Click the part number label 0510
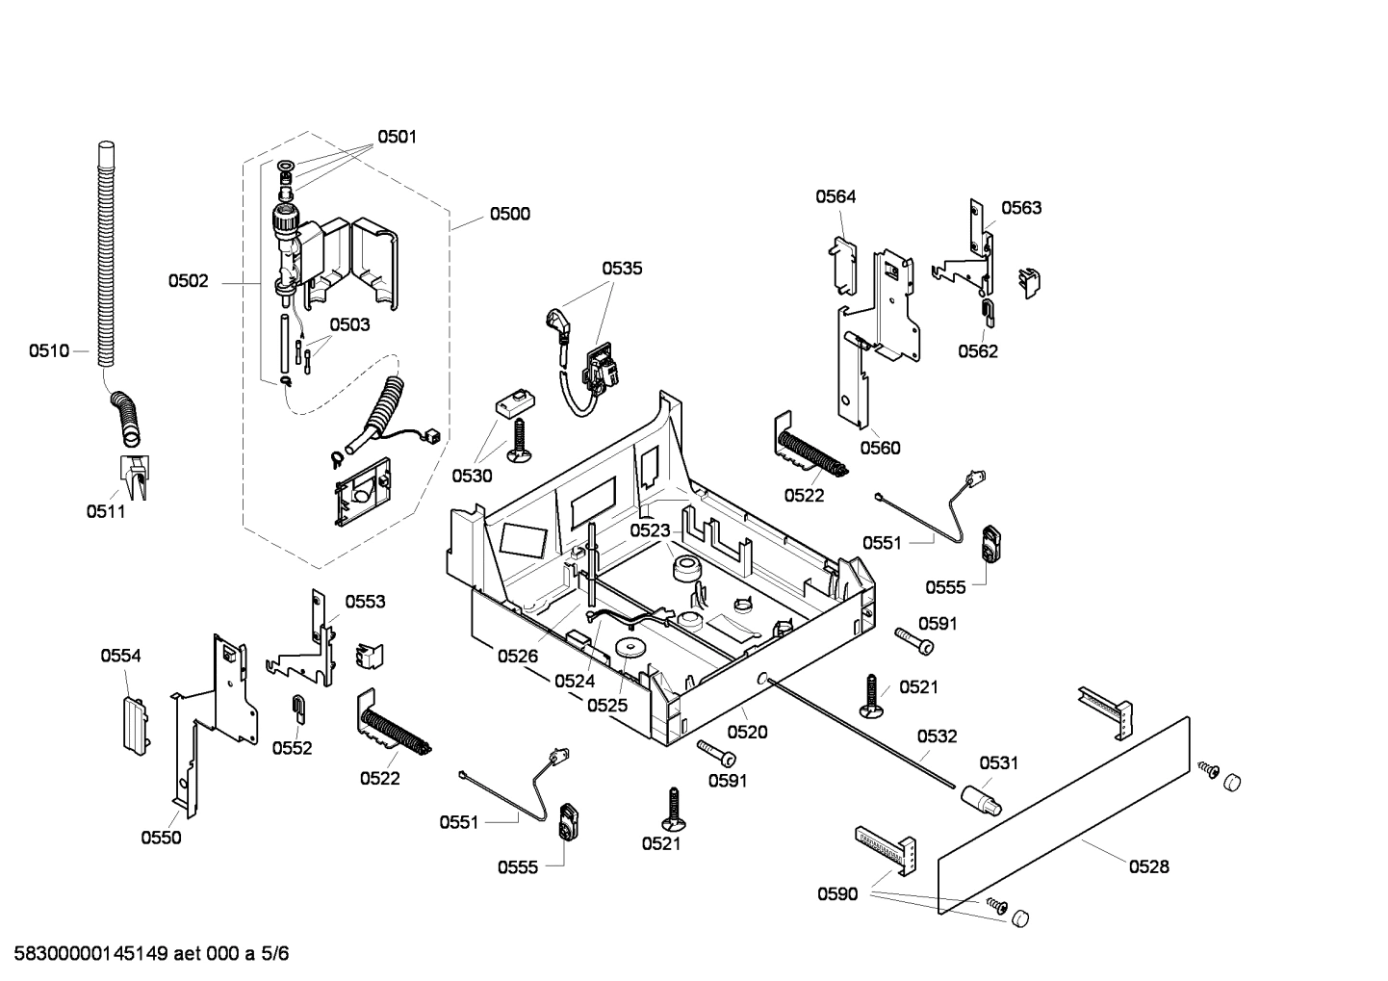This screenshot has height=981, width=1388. pyautogui.click(x=48, y=350)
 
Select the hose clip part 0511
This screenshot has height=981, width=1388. pyautogui.click(x=133, y=477)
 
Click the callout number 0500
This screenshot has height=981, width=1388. pyautogui.click(x=509, y=214)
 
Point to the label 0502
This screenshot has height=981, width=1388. pyautogui.click(x=188, y=281)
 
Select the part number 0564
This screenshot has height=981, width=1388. pyautogui.click(x=835, y=196)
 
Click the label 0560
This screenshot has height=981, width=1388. pyautogui.click(x=880, y=448)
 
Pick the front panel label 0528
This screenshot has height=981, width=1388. pyautogui.click(x=1148, y=866)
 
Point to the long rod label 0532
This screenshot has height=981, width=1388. pyautogui.click(x=937, y=736)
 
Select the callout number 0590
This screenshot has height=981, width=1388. pyautogui.click(x=836, y=894)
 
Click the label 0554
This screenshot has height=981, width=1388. pyautogui.click(x=120, y=656)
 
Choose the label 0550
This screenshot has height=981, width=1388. pyautogui.click(x=161, y=838)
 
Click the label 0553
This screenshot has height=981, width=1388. pyautogui.click(x=365, y=602)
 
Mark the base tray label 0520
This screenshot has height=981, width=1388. pyautogui.click(x=747, y=732)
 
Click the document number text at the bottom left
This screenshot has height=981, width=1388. pyautogui.click(x=145, y=954)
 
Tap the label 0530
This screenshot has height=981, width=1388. pyautogui.click(x=472, y=476)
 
